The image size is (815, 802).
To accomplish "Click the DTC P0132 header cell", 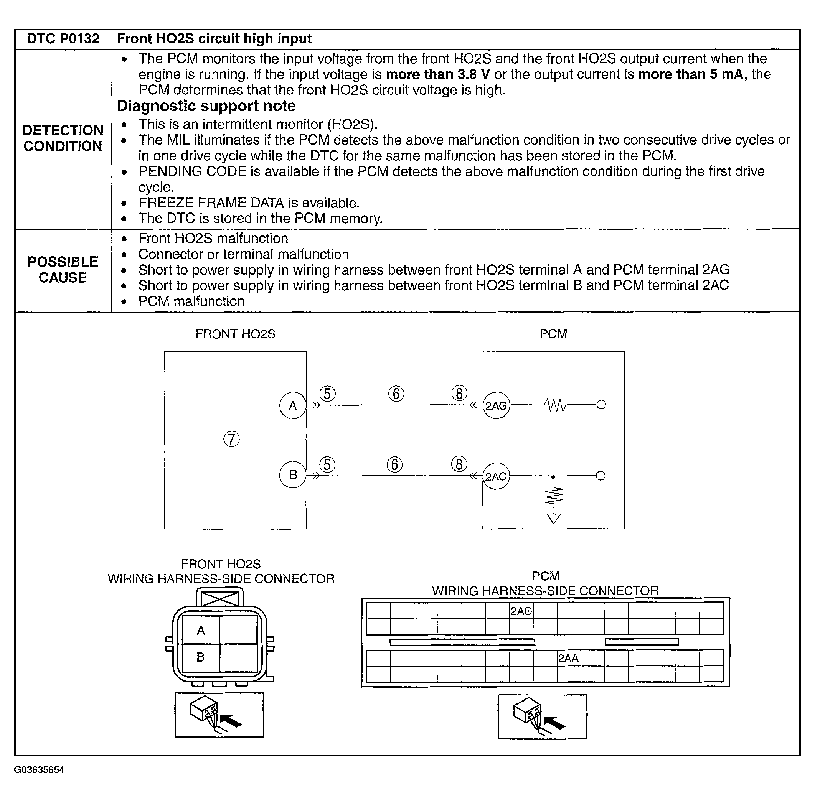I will [63, 39].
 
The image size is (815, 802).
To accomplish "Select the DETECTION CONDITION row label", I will [63, 138].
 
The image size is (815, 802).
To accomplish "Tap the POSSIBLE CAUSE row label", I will [63, 270].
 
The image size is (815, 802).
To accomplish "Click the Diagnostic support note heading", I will [206, 106].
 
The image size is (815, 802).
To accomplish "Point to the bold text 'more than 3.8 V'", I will [438, 74].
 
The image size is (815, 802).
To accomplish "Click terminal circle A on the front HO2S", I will [292, 406].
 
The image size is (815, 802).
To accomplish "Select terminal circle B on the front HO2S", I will [292, 475].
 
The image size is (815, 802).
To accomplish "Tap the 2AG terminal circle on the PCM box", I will [496, 406].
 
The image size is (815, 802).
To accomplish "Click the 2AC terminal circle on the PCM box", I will [496, 476].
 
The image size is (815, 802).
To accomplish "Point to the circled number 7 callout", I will [231, 439].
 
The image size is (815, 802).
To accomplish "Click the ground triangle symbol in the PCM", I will [553, 519].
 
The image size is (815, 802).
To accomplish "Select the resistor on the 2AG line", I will [555, 405].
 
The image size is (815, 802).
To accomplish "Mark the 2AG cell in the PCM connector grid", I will [521, 611].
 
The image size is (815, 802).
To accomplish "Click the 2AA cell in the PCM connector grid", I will [569, 658].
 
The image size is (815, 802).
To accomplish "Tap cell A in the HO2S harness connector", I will [201, 630].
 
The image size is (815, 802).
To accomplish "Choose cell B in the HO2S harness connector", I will [201, 657].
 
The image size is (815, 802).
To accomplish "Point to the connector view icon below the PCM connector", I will [542, 716].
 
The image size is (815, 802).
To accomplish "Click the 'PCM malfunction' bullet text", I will [191, 301].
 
